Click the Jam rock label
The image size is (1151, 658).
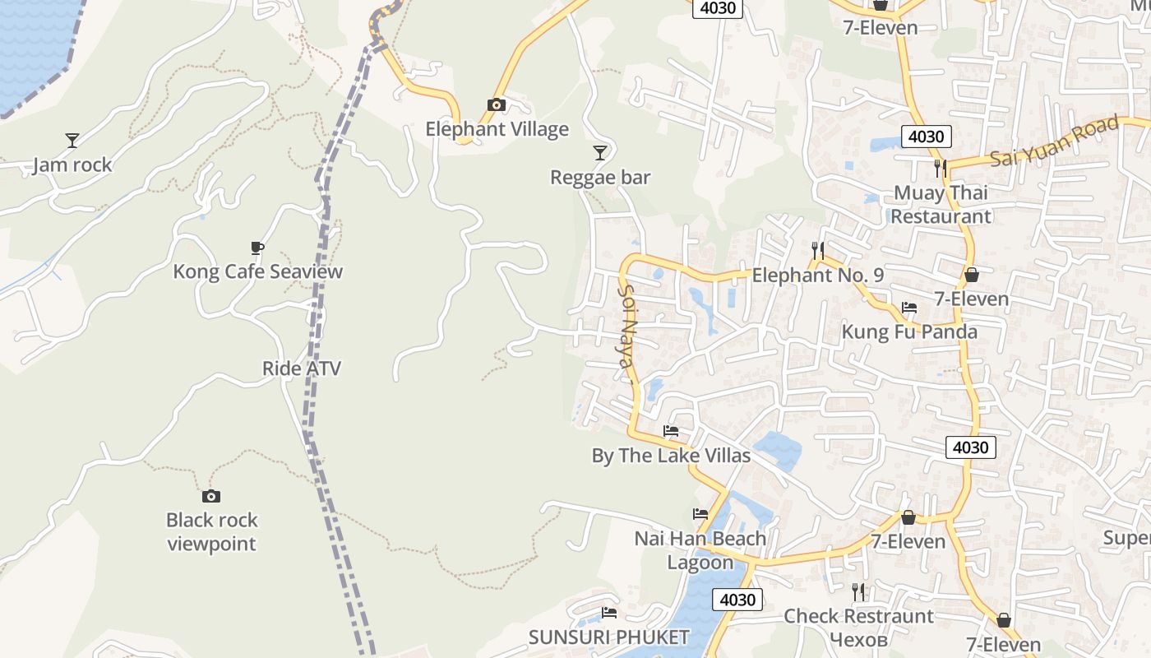tap(72, 164)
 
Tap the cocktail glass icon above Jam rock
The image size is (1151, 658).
tap(72, 141)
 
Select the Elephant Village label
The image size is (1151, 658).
tap(497, 129)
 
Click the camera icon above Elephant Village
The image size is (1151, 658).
tap(496, 105)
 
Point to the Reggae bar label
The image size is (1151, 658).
tap(600, 177)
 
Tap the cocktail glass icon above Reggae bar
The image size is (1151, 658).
tap(600, 153)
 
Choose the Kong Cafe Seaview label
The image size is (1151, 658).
tap(257, 271)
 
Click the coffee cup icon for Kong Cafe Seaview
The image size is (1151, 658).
tap(257, 248)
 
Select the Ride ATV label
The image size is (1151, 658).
tap(301, 368)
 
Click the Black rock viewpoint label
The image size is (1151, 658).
tap(211, 531)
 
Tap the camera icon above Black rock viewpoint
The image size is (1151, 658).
tap(211, 496)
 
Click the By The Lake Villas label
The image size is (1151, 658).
tap(671, 456)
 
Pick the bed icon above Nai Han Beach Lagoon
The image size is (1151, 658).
tap(700, 514)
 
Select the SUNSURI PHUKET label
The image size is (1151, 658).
tap(608, 637)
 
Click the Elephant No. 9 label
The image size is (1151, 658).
tap(818, 275)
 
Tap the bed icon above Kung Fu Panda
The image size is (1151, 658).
tap(908, 308)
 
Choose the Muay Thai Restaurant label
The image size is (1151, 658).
tap(941, 204)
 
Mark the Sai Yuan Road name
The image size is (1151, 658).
tap(1055, 141)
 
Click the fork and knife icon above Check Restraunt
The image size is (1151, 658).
tap(858, 591)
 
